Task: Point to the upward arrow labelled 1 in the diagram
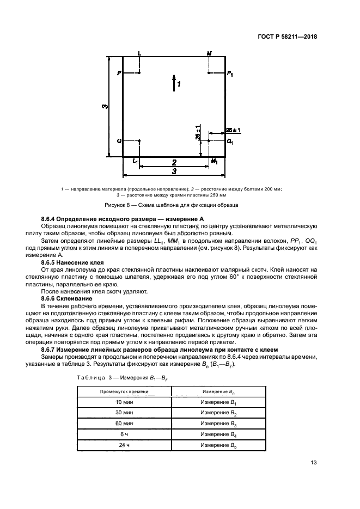tap(174, 82)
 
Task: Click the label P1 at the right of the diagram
tap(230, 72)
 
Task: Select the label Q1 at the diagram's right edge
tap(230, 141)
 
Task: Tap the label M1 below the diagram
tap(214, 162)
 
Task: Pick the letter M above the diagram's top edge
tap(209, 53)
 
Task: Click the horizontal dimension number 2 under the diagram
tap(174, 162)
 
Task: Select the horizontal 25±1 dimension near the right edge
tap(234, 130)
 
